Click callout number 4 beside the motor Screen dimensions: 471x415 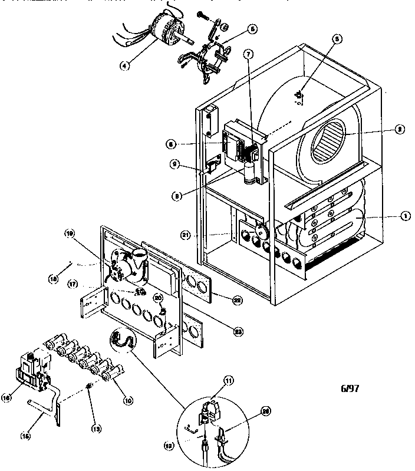click(124, 65)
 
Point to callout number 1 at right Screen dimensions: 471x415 click(406, 216)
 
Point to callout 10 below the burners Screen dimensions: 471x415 click(127, 400)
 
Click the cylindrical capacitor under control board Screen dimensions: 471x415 click(252, 173)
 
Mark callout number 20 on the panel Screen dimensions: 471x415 click(157, 298)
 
